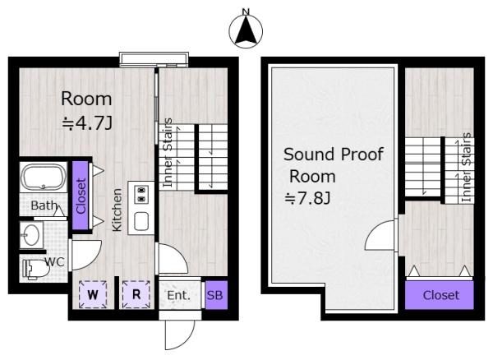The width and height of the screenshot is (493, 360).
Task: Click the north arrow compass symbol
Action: click(x=246, y=30)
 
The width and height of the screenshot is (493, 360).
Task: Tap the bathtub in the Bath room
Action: click(x=44, y=178)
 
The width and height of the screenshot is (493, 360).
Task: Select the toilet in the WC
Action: click(x=35, y=270)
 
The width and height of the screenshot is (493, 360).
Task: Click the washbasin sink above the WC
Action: click(x=31, y=234)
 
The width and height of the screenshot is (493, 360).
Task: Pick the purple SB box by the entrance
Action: click(x=215, y=295)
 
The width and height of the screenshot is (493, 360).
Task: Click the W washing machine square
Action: click(x=93, y=294)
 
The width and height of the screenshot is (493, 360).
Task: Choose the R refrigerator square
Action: click(x=136, y=294)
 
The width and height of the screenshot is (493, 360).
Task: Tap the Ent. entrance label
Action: click(x=178, y=295)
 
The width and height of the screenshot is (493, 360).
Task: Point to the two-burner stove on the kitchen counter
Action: click(x=141, y=194)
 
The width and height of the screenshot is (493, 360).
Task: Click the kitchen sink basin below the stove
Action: click(x=141, y=221)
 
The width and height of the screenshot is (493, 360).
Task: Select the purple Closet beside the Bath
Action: click(x=81, y=196)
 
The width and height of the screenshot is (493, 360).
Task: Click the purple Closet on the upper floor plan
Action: click(x=440, y=295)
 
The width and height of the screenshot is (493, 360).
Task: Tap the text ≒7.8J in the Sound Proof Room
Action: click(x=307, y=198)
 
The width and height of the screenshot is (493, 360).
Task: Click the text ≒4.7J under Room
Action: click(x=87, y=123)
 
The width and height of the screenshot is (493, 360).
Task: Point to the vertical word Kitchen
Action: click(x=117, y=210)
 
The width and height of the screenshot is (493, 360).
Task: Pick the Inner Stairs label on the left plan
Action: click(x=168, y=153)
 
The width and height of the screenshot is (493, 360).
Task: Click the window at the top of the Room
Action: click(x=154, y=60)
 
